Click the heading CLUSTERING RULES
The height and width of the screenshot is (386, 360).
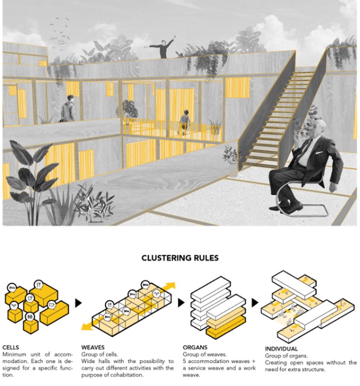coord(180,258)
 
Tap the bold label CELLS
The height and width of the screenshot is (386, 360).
coord(11,347)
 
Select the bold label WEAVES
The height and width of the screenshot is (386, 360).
coord(93,347)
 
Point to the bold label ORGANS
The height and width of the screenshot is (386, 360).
coord(195,347)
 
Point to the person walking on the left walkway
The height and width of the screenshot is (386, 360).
coord(68,109)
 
